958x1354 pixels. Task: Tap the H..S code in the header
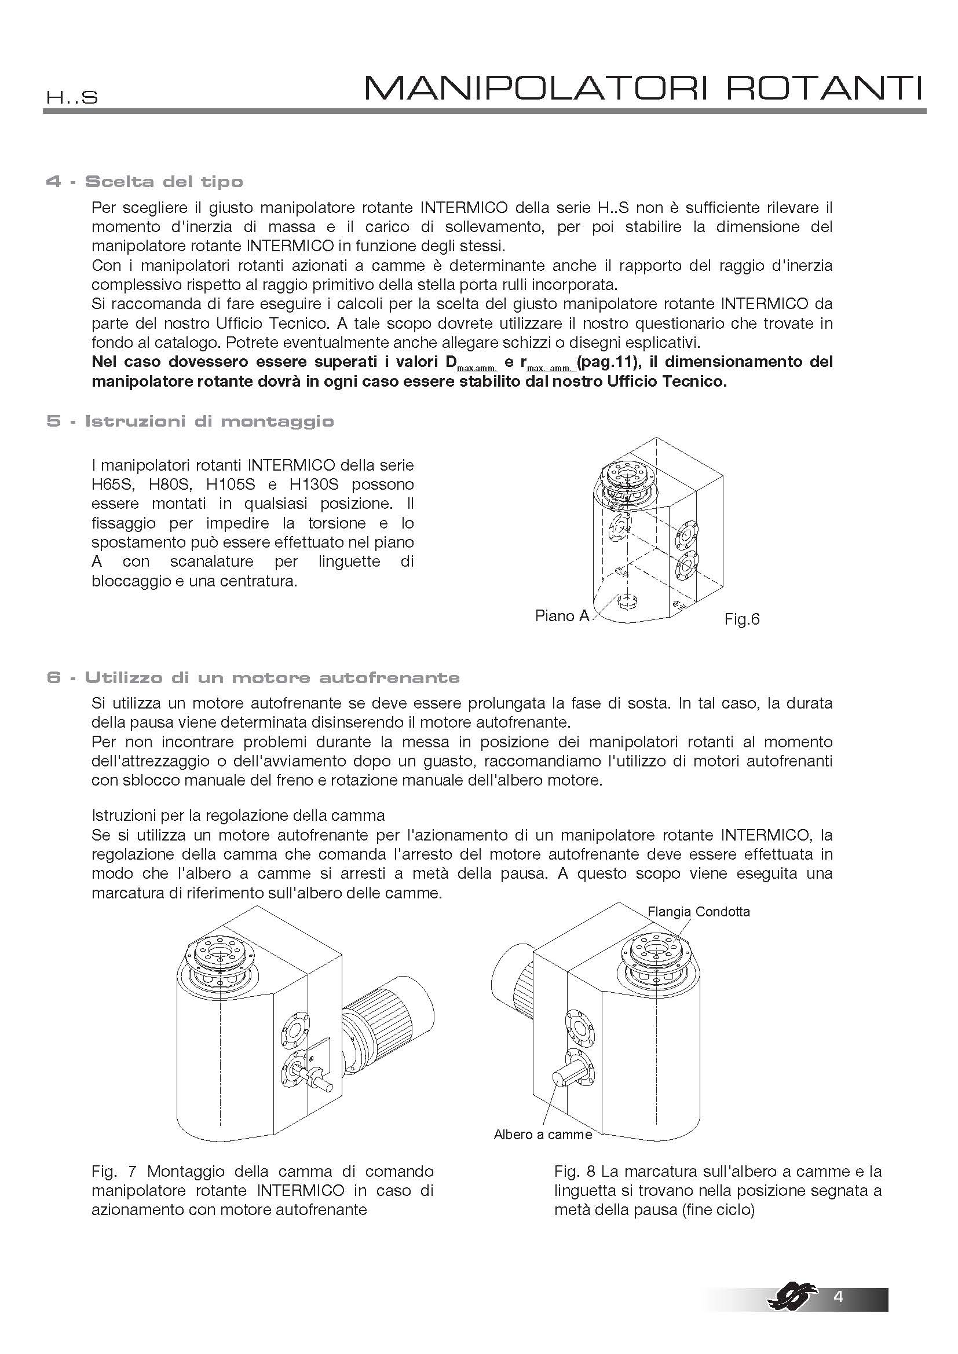click(72, 98)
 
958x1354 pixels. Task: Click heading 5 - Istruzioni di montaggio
click(190, 421)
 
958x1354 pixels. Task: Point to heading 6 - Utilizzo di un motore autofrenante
click(253, 678)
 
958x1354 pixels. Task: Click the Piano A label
click(562, 616)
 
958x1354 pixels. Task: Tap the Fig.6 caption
click(741, 619)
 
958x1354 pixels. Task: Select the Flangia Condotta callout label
click(699, 911)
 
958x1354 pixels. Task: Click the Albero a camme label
click(542, 1135)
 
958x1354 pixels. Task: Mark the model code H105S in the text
click(231, 485)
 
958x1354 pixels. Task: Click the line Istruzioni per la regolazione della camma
click(237, 816)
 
